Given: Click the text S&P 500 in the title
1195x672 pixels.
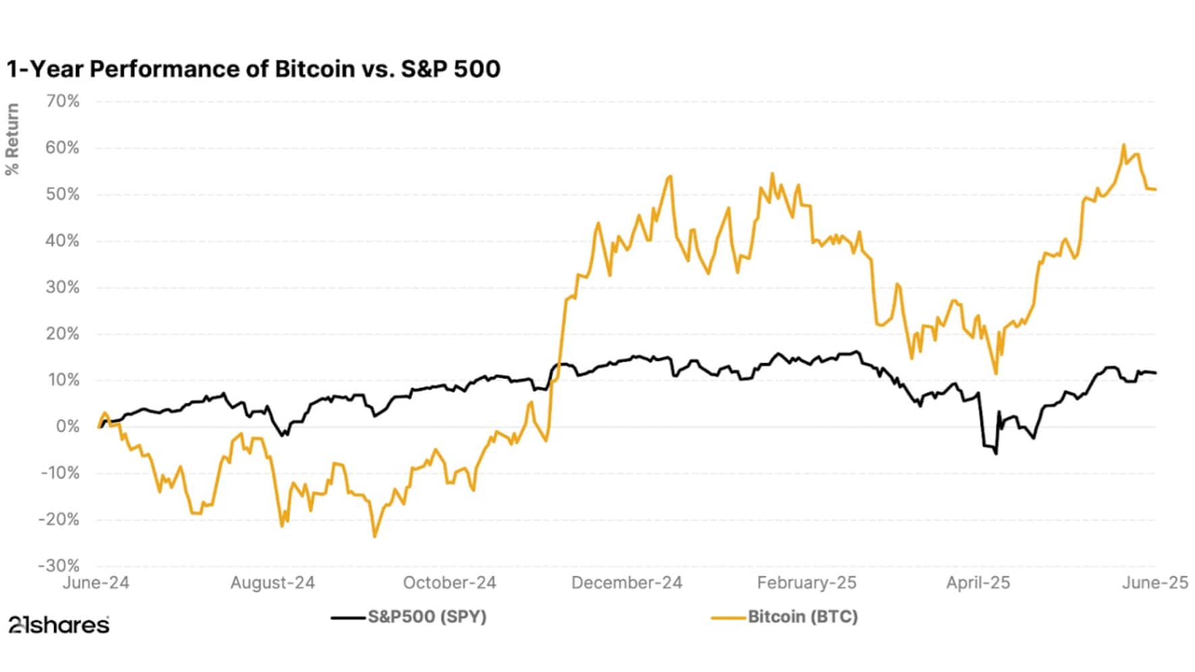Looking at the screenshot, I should tap(450, 69).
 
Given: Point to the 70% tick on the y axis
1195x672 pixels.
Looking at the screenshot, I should tap(63, 102).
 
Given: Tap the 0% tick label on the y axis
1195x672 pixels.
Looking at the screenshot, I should tap(67, 427).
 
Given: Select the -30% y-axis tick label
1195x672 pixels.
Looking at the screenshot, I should tap(59, 566).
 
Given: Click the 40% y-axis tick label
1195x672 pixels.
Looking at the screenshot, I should tap(63, 242).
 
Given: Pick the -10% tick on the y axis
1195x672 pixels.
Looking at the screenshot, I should tap(59, 474).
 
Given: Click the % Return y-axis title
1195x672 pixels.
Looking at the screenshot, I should tap(12, 140).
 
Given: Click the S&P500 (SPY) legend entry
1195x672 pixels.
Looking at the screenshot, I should tap(426, 617).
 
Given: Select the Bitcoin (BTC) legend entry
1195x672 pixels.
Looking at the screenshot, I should tap(802, 617).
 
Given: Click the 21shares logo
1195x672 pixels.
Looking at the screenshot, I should tap(59, 625).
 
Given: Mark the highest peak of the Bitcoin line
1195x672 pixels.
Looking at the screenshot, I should tap(1123, 145).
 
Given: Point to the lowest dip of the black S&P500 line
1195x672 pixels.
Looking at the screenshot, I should tap(996, 453).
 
